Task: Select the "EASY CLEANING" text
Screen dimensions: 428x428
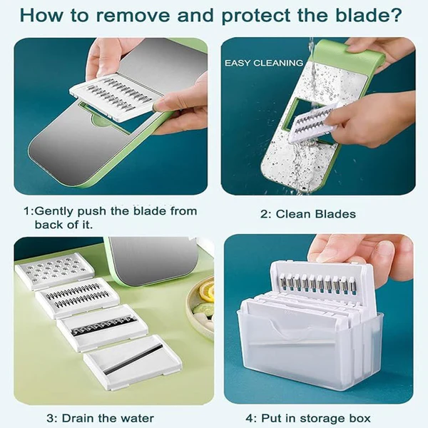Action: [264, 63]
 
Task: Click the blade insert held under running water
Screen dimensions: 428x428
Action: [311, 123]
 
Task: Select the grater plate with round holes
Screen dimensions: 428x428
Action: [55, 271]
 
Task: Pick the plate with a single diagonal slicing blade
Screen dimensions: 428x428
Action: [132, 362]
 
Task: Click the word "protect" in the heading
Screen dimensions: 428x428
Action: [255, 16]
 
